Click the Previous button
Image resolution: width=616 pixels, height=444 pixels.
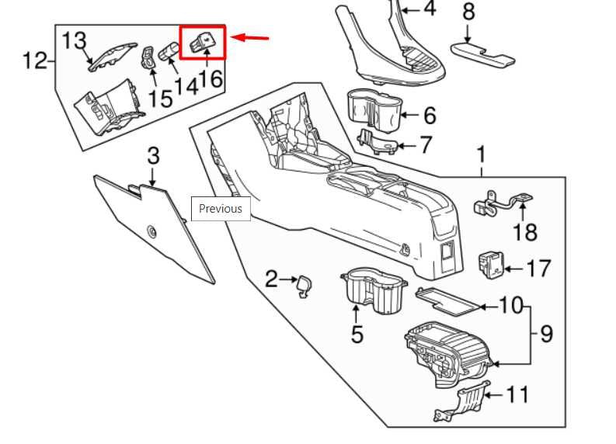click(x=221, y=208)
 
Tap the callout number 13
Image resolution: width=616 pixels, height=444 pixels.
click(x=75, y=40)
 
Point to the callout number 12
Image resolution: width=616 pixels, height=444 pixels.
click(x=33, y=60)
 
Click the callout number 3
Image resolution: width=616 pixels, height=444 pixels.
click(x=153, y=155)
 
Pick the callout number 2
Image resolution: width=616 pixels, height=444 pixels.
click(x=270, y=279)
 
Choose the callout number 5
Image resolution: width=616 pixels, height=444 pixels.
click(x=357, y=334)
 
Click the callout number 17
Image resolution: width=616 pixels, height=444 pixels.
click(x=537, y=269)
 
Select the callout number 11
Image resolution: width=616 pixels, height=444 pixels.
click(x=517, y=394)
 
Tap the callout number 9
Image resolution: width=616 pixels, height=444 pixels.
click(x=546, y=334)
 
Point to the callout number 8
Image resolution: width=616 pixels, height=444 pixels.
click(x=468, y=12)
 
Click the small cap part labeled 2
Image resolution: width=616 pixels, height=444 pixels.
click(x=305, y=285)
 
